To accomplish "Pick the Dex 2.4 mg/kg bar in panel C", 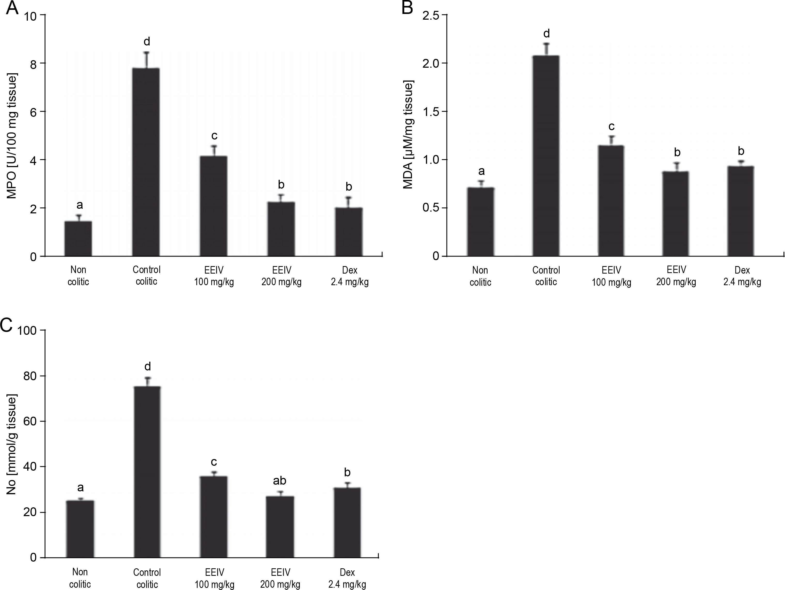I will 347,523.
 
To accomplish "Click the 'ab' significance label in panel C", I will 279,481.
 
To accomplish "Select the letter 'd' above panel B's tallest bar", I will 546,34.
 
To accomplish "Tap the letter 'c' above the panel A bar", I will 214,136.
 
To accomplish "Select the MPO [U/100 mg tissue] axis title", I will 12,136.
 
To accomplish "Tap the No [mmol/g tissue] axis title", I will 12,445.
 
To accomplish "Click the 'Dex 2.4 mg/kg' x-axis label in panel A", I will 350,276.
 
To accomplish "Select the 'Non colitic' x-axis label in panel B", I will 480,276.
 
